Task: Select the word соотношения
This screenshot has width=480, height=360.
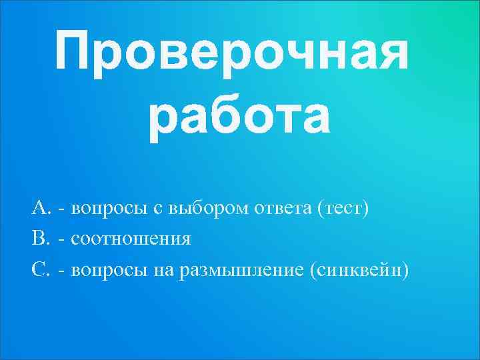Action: point(131,239)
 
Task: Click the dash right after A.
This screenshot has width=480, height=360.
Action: point(62,210)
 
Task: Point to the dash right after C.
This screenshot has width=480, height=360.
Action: point(62,271)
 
